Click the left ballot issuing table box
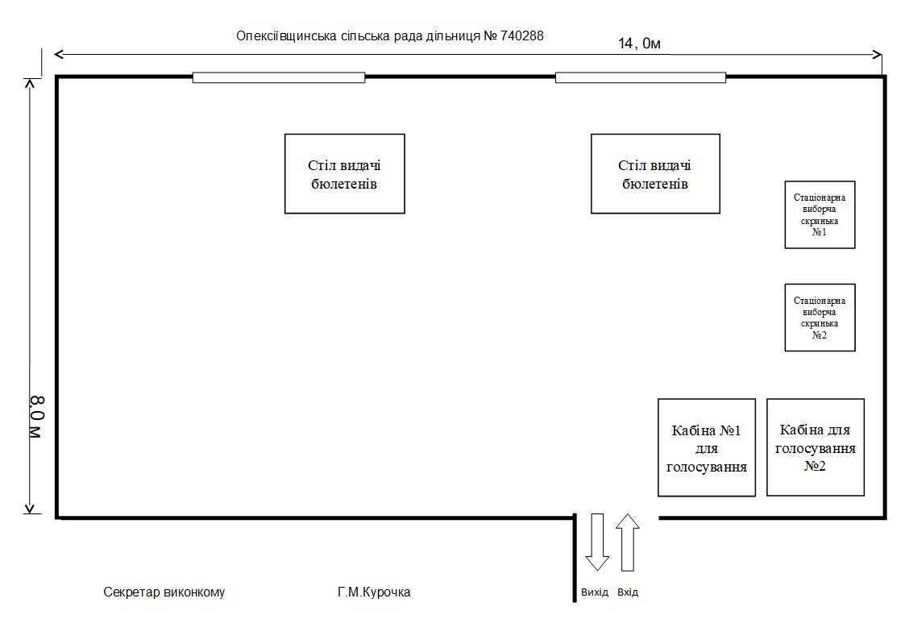[x=344, y=173]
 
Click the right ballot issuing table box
[x=655, y=173]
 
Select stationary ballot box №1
[x=820, y=214]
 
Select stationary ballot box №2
[x=820, y=317]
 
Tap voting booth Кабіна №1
[x=707, y=447]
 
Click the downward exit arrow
[x=596, y=542]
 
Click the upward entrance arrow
[x=628, y=542]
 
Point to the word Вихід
[x=595, y=592]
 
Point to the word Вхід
[x=628, y=592]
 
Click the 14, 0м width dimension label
[x=639, y=44]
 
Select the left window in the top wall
[x=278, y=77]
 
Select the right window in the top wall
[x=641, y=77]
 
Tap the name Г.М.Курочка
[x=374, y=592]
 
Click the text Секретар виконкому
[x=164, y=592]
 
